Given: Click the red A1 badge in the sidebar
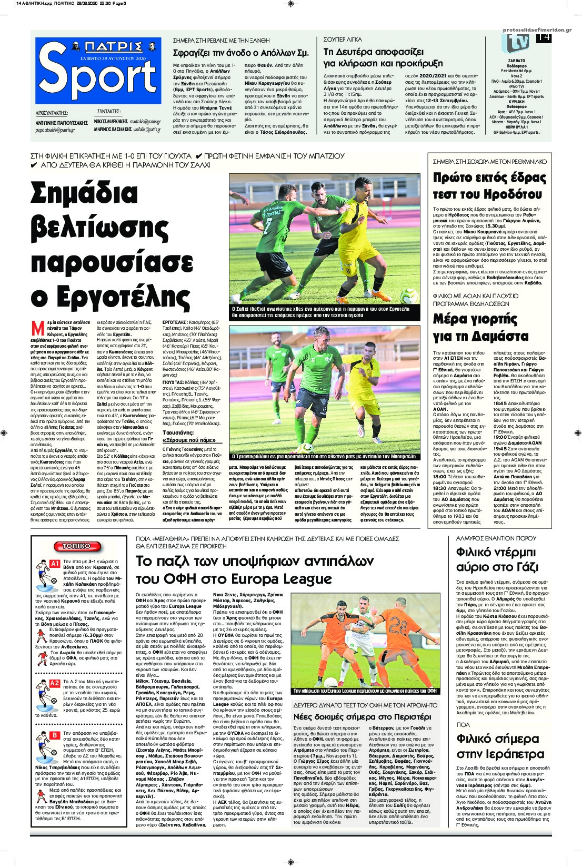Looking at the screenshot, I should coord(54,564).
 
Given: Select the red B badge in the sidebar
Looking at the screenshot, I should coord(54,734).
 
